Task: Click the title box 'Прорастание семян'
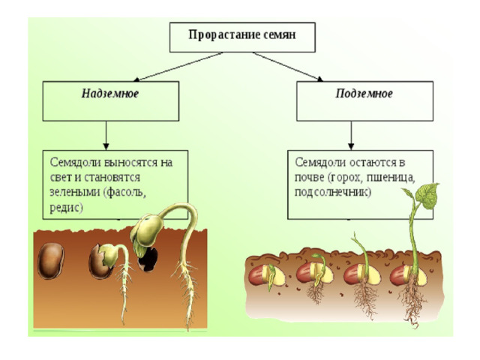coord(242,37)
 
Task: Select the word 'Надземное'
coord(110,93)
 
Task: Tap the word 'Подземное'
coord(364,93)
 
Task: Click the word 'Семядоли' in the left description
coord(75,163)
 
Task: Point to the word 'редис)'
coord(67,208)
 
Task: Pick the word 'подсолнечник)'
coord(333,193)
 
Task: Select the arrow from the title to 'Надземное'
coord(178,67)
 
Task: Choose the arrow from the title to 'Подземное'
coord(288,67)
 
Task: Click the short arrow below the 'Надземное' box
coord(106,135)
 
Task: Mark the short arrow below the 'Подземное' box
coord(351,135)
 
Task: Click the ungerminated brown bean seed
coord(51,261)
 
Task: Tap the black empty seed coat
coord(148,259)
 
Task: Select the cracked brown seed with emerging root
coord(100,261)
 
